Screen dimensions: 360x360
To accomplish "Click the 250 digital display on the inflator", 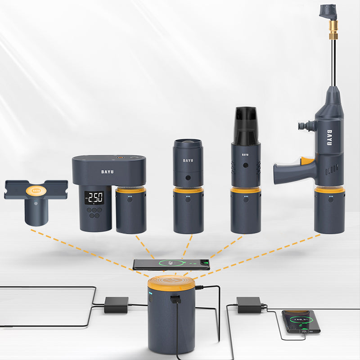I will click(x=95, y=197).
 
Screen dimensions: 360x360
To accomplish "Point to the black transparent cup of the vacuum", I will click(x=245, y=126).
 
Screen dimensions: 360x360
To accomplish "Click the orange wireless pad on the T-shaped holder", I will click(x=36, y=190).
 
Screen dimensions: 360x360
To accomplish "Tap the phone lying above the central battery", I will click(x=171, y=264).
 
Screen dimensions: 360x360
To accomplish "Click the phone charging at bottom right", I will click(x=301, y=321).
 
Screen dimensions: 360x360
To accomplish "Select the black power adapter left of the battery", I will click(x=116, y=305).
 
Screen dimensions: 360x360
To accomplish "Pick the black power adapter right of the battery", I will click(x=249, y=305).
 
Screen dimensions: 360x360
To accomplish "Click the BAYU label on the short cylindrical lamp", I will click(x=188, y=160).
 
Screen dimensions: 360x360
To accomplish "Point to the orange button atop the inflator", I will click(x=120, y=158).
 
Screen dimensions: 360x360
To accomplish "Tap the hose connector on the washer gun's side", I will click(x=306, y=126).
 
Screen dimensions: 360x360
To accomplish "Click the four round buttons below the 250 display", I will click(x=94, y=213).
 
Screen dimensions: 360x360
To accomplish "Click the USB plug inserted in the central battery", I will click(x=175, y=299).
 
